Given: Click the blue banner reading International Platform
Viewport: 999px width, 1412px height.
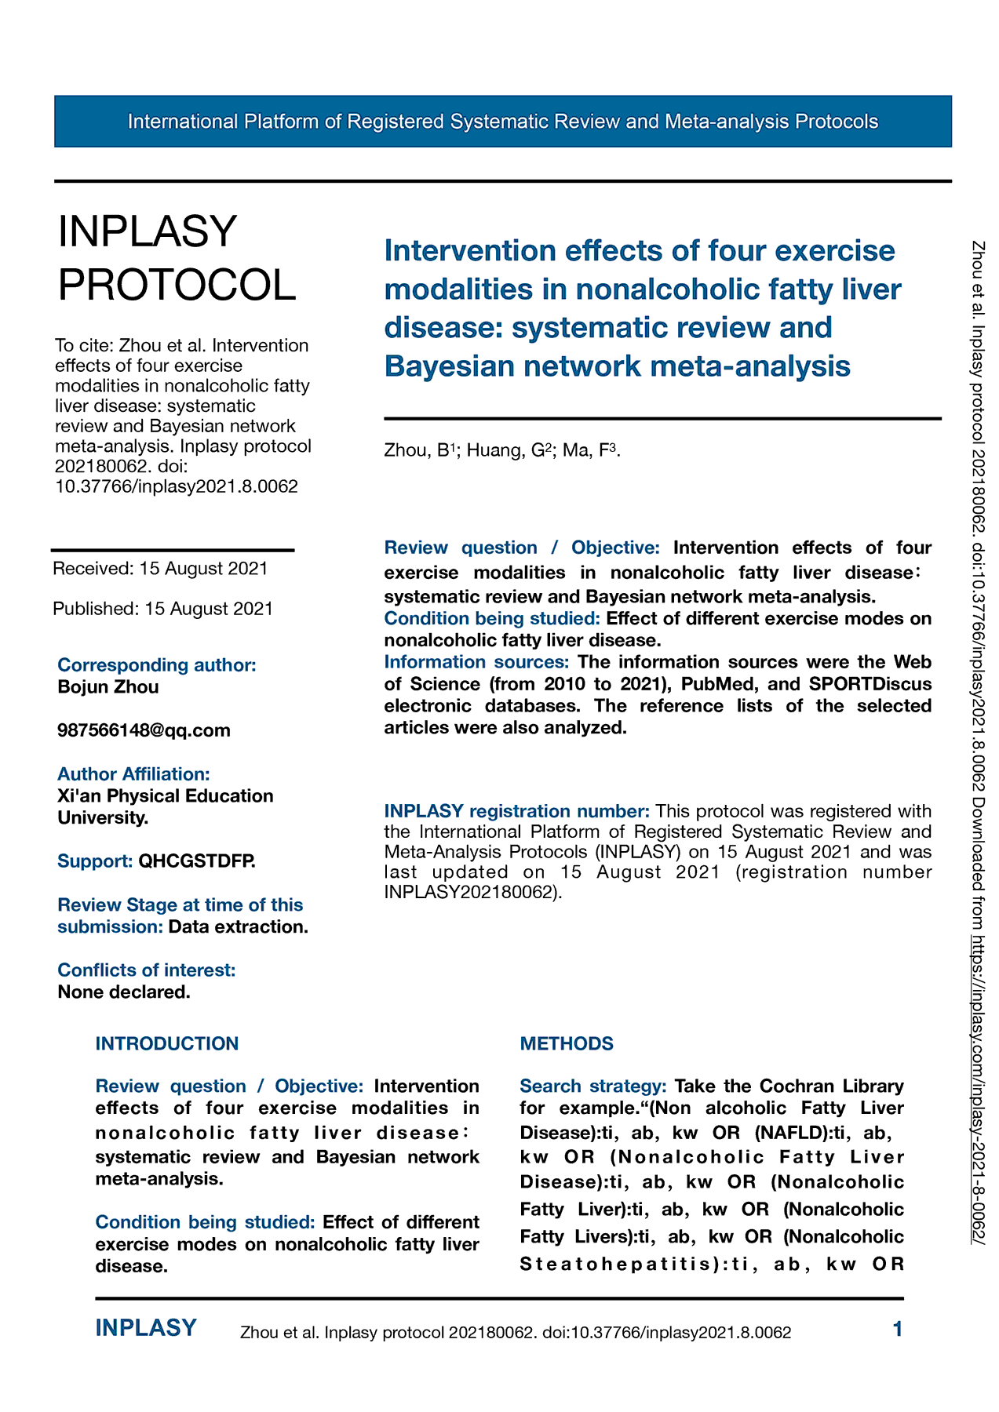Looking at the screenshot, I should [502, 122].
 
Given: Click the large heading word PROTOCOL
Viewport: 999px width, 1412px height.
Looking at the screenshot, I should [177, 284].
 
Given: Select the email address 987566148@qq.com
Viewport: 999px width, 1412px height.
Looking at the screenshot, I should [144, 730].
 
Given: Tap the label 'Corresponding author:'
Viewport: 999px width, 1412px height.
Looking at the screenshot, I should [157, 665].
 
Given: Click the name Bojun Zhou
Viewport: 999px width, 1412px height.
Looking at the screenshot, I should [108, 687].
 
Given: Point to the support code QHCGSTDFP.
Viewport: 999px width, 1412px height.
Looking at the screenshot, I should [197, 861].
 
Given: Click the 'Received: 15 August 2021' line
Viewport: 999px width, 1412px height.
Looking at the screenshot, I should [160, 569].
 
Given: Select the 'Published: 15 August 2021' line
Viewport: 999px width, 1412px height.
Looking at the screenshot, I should [163, 609].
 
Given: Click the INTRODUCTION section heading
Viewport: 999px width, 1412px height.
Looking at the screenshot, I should [167, 1044].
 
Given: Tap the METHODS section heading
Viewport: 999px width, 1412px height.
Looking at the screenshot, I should [567, 1044].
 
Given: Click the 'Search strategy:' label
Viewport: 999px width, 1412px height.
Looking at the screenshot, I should [593, 1086].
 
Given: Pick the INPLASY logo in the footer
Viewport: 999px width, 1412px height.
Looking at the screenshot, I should [146, 1328].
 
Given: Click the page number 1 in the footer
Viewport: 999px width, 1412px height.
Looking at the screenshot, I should [898, 1329].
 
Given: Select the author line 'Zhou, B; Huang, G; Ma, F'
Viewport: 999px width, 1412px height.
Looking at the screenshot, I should [502, 450].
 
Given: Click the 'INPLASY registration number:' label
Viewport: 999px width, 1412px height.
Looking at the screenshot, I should [516, 811].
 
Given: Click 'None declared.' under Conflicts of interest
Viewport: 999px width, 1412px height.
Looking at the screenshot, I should [124, 992].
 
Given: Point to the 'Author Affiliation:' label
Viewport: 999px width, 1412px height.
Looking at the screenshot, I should [133, 774].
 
